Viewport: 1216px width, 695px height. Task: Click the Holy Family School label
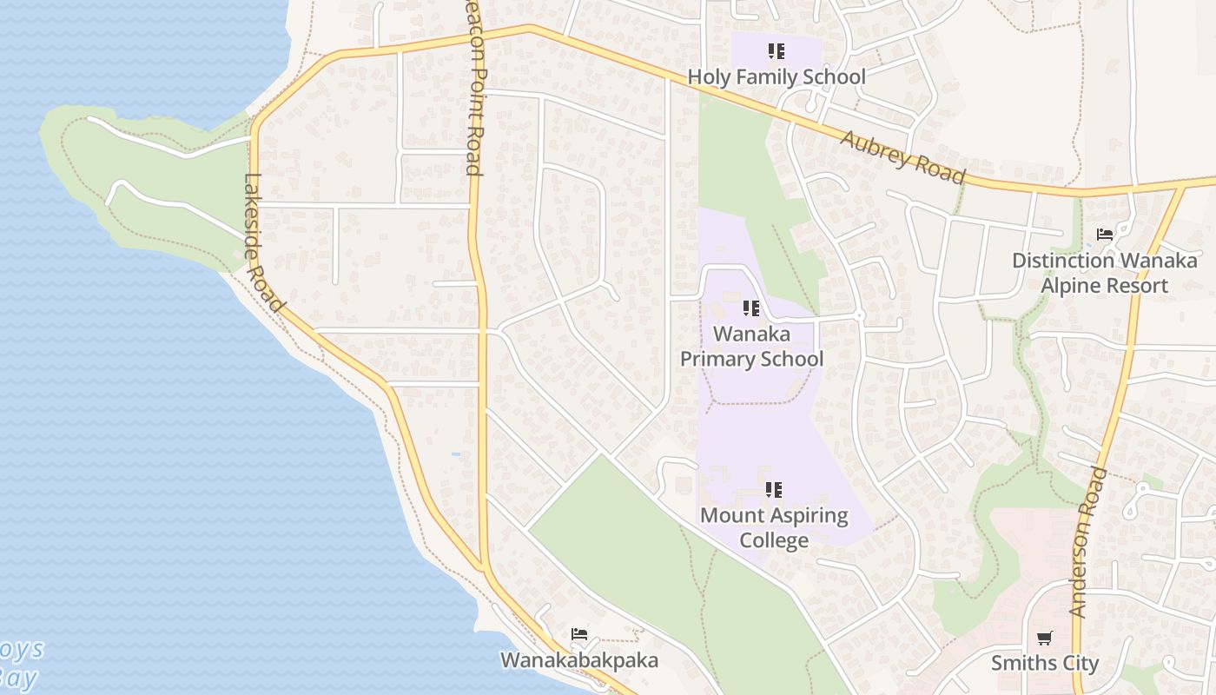click(777, 77)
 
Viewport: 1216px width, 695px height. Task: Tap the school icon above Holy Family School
click(777, 51)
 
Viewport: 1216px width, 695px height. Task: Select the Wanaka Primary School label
click(751, 347)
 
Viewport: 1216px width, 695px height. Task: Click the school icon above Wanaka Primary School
click(751, 308)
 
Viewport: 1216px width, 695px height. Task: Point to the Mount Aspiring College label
click(774, 527)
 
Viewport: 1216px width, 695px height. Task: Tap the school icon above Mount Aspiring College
click(774, 490)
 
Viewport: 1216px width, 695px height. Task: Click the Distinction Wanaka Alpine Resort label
click(1104, 273)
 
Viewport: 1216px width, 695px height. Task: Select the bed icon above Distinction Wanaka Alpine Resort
click(1105, 235)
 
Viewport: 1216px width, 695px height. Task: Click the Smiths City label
click(1045, 664)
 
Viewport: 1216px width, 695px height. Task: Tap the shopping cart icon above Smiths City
click(1045, 639)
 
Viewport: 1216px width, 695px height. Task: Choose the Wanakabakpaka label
click(578, 660)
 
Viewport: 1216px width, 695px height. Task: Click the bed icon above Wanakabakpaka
click(579, 634)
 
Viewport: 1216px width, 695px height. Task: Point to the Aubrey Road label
click(902, 156)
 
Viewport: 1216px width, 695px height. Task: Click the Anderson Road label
click(1088, 543)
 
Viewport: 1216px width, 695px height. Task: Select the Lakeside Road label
click(264, 243)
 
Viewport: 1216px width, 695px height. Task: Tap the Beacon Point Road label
click(473, 87)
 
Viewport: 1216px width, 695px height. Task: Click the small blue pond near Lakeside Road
click(456, 453)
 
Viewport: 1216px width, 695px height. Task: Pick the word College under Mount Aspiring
click(774, 540)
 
